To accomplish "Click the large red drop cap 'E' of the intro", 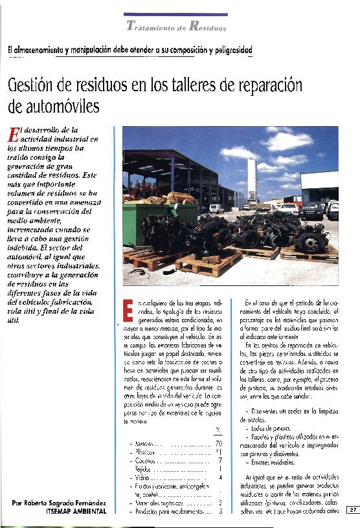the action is tap(13, 135).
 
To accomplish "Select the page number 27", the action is tap(353, 510).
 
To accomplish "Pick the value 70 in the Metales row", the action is tap(218, 443).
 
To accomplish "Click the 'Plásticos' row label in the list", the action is tap(145, 452).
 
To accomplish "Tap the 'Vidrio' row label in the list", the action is tap(142, 478).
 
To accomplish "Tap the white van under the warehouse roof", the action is tap(216, 208).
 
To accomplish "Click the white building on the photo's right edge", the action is tap(320, 188).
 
